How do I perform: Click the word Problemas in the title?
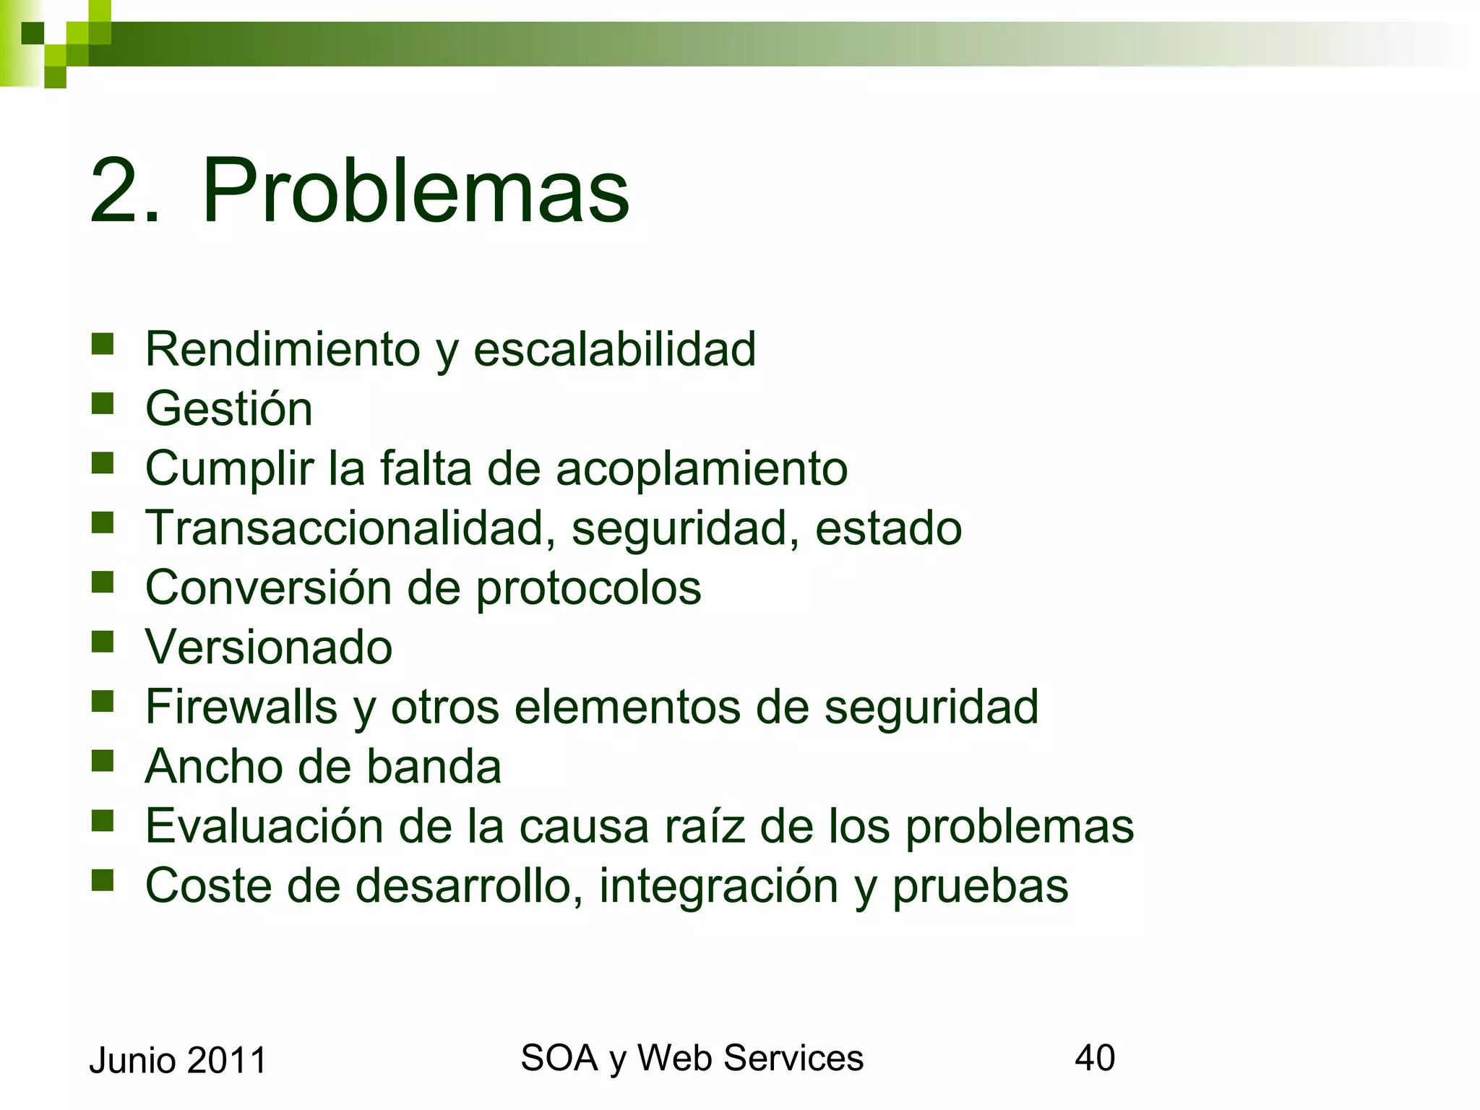[x=416, y=191]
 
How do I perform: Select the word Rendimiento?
[x=283, y=350]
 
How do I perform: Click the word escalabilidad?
[x=614, y=350]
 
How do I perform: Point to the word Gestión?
[x=229, y=409]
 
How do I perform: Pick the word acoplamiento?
[x=702, y=468]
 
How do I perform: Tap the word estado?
[x=888, y=528]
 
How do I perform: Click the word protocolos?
[x=588, y=588]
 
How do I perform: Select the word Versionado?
[x=269, y=647]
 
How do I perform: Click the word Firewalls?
[x=241, y=707]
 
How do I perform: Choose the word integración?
[x=718, y=886]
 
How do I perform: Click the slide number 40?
[x=1095, y=1058]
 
